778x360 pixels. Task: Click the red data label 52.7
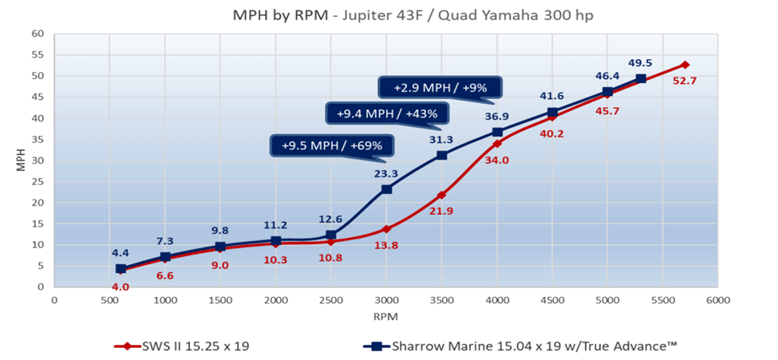(x=691, y=81)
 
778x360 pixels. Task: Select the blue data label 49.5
(x=641, y=62)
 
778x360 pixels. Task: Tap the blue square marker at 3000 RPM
(x=386, y=189)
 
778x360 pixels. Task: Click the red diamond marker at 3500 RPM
(x=441, y=195)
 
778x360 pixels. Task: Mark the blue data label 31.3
(x=440, y=139)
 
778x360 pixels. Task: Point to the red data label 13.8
(x=386, y=246)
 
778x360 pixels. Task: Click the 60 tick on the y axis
(x=37, y=34)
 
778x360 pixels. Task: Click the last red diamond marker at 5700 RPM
(x=685, y=65)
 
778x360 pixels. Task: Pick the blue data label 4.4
(x=120, y=253)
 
